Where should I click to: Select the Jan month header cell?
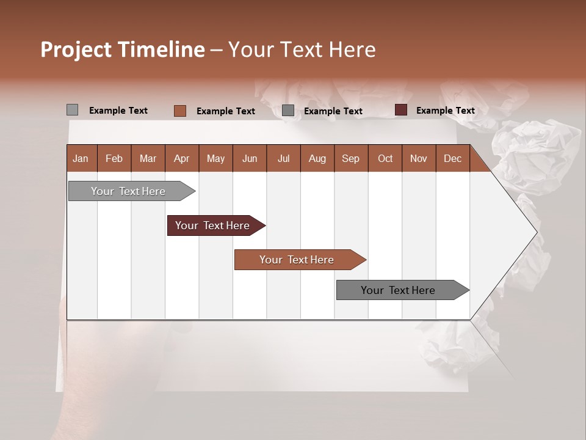[81, 158]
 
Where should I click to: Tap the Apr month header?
[181, 158]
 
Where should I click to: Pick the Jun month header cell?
[250, 158]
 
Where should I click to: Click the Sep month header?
[350, 158]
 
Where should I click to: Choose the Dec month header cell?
[452, 158]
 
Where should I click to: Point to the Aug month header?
[317, 158]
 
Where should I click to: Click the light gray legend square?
[72, 110]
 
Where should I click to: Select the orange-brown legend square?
[179, 111]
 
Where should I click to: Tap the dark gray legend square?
[288, 111]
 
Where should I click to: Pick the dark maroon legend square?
[400, 110]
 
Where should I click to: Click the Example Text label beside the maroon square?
[445, 110]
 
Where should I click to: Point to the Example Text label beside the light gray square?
[118, 110]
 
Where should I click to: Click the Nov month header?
[418, 158]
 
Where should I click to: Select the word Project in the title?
[76, 50]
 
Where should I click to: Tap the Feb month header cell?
[114, 158]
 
